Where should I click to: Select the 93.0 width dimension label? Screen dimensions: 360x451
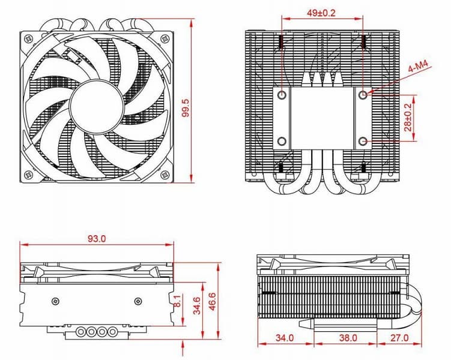click(x=96, y=238)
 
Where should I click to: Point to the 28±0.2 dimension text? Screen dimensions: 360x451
click(x=408, y=118)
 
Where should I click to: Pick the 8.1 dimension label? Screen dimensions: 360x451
click(x=177, y=301)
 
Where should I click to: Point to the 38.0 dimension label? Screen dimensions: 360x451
click(x=347, y=338)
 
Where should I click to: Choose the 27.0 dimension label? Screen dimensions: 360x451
click(x=398, y=338)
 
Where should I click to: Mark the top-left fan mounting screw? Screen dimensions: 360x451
click(x=28, y=39)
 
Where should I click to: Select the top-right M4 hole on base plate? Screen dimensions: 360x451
click(x=363, y=94)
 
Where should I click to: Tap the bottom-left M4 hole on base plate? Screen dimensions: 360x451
click(x=281, y=142)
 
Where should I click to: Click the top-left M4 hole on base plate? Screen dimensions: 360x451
click(x=281, y=94)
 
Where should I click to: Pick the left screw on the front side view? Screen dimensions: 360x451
click(x=56, y=301)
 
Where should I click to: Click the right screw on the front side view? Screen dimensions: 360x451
click(x=136, y=301)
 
